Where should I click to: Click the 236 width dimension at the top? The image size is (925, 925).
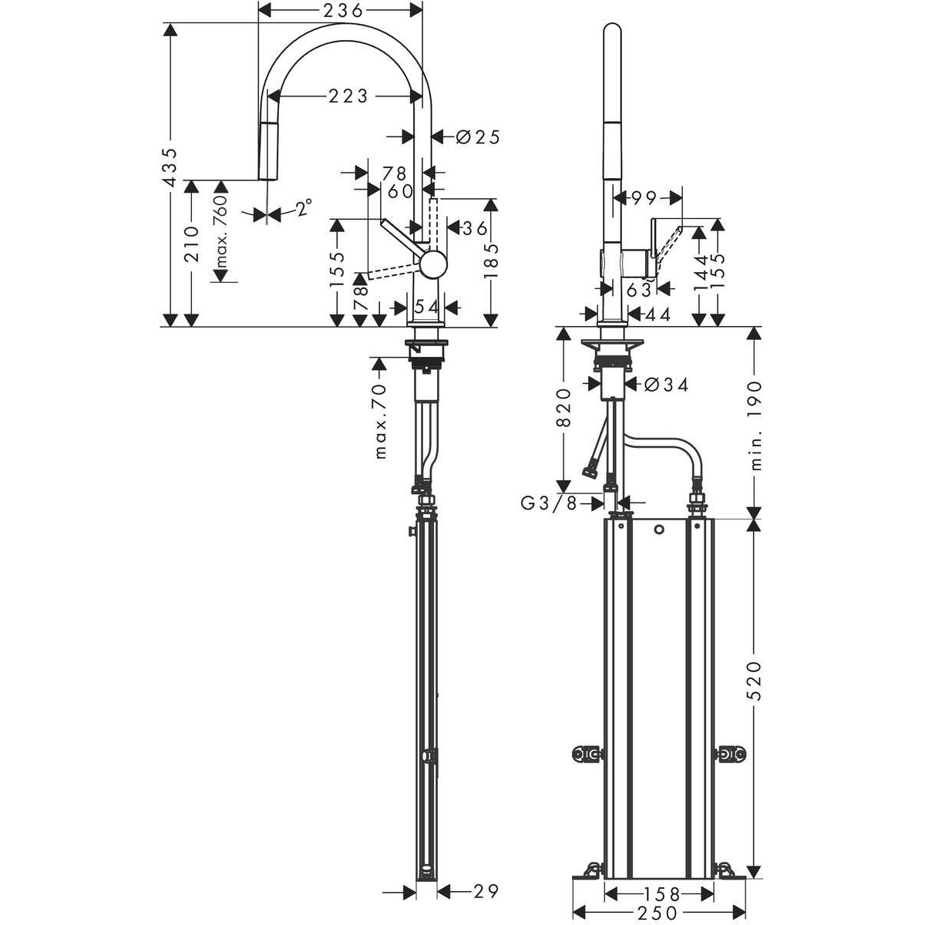click(x=341, y=10)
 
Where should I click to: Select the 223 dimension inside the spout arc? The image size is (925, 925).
click(x=348, y=96)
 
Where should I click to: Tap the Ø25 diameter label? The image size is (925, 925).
click(x=478, y=137)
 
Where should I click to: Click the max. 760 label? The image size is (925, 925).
click(x=221, y=231)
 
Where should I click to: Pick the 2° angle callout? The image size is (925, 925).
click(x=304, y=207)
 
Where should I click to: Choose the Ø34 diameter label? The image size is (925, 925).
click(x=664, y=384)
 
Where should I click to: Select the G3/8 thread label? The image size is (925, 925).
click(x=549, y=503)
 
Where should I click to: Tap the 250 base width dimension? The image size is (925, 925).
click(x=658, y=913)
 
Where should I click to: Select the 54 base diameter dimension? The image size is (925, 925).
click(x=426, y=307)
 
